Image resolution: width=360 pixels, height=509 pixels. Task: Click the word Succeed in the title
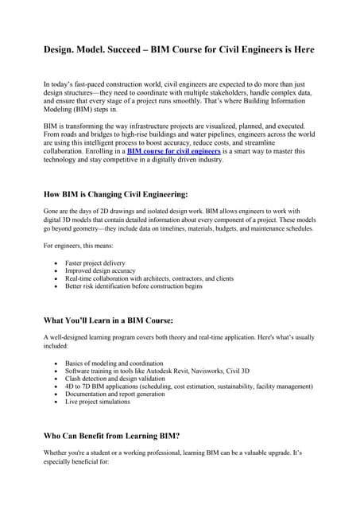click(138, 49)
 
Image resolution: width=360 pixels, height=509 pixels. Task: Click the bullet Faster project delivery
click(95, 262)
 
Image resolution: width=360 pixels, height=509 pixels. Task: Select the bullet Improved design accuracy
click(99, 270)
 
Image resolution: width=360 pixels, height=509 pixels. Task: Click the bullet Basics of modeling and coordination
click(112, 363)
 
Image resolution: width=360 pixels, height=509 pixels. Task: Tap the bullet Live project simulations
click(98, 402)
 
